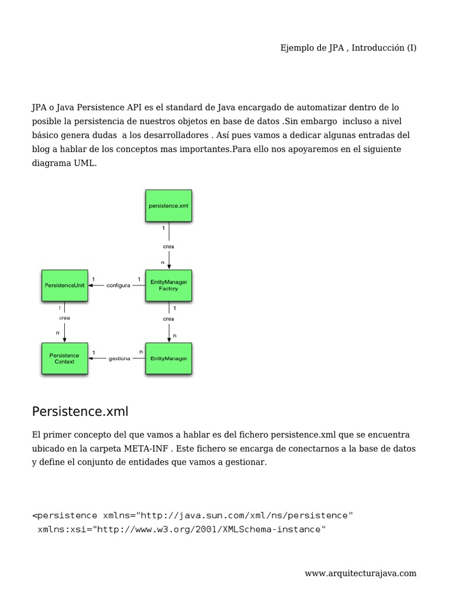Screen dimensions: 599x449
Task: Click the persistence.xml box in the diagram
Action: (168, 206)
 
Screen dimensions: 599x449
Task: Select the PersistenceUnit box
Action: (64, 285)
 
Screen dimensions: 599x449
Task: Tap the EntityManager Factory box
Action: (168, 285)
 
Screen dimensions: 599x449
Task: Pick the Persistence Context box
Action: (64, 358)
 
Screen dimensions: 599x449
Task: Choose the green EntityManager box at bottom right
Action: (168, 358)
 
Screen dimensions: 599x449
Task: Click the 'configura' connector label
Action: (119, 285)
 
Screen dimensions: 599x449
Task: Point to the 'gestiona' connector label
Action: (119, 359)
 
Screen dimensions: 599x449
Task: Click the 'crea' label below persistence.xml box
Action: (168, 246)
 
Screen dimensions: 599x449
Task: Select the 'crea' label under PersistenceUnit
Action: (64, 318)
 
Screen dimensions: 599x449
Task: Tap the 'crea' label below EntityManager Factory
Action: (168, 319)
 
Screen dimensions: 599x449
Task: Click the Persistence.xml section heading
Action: (80, 412)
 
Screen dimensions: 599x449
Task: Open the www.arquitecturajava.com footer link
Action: (360, 573)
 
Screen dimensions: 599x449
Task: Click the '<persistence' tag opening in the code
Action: (65, 515)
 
